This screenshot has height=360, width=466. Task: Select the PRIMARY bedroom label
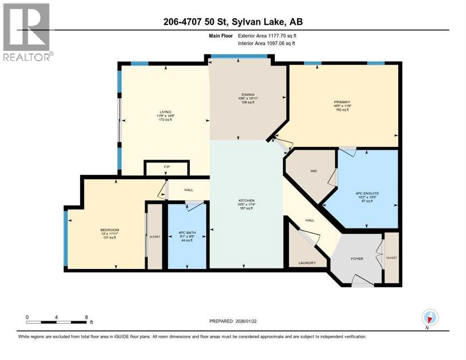coord(342,102)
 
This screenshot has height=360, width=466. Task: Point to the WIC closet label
coord(314,171)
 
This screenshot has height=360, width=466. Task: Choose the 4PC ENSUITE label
coord(367,193)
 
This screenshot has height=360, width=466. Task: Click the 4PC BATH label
coord(187,233)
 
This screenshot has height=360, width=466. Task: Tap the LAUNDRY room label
coord(307,263)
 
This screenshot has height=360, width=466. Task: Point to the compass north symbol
coord(429,318)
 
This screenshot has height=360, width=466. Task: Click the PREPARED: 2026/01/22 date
coord(233,321)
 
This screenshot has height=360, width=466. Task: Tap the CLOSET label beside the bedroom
coord(155,237)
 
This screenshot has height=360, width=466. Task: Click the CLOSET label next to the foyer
coord(391,258)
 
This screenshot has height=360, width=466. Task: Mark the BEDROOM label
coord(107,230)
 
